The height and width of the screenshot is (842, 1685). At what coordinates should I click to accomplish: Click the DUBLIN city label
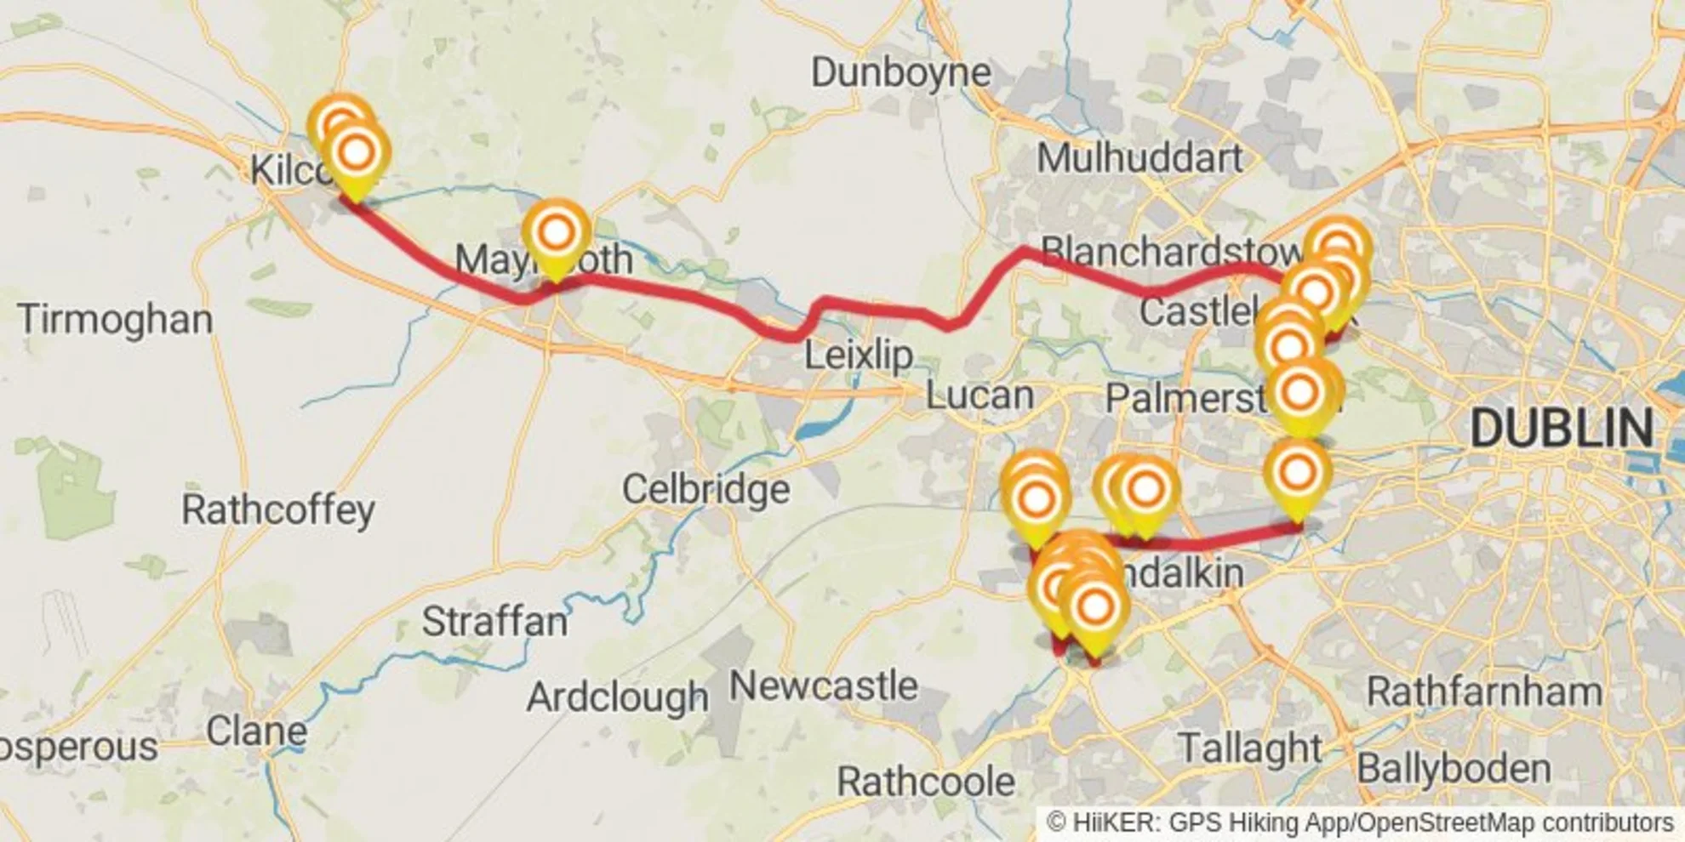click(1562, 427)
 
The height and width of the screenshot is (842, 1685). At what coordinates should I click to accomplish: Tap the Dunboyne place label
click(900, 72)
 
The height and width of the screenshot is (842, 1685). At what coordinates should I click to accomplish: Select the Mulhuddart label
click(1139, 158)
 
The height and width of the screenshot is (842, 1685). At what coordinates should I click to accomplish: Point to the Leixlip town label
click(858, 355)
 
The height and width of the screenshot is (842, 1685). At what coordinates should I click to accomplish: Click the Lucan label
click(979, 395)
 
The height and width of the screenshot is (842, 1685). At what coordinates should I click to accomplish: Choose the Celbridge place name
click(705, 489)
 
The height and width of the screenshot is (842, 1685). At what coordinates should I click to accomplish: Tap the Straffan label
click(494, 622)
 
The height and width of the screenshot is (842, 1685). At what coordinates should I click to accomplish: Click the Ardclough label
click(617, 697)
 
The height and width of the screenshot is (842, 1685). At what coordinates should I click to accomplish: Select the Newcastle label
click(823, 686)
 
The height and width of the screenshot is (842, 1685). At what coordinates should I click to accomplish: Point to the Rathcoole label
click(925, 782)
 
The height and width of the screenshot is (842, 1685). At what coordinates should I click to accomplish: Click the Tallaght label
click(1249, 748)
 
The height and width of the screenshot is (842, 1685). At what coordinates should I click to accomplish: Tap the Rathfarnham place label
click(1483, 691)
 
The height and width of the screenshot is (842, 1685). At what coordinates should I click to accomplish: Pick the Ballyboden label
click(1453, 769)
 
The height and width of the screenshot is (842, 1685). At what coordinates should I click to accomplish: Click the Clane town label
click(256, 731)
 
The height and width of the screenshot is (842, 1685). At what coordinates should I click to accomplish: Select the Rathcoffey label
click(277, 510)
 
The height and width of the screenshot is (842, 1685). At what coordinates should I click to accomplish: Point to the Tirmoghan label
click(115, 320)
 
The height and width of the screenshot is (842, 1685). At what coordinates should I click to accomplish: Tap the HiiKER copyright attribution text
click(1360, 823)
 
